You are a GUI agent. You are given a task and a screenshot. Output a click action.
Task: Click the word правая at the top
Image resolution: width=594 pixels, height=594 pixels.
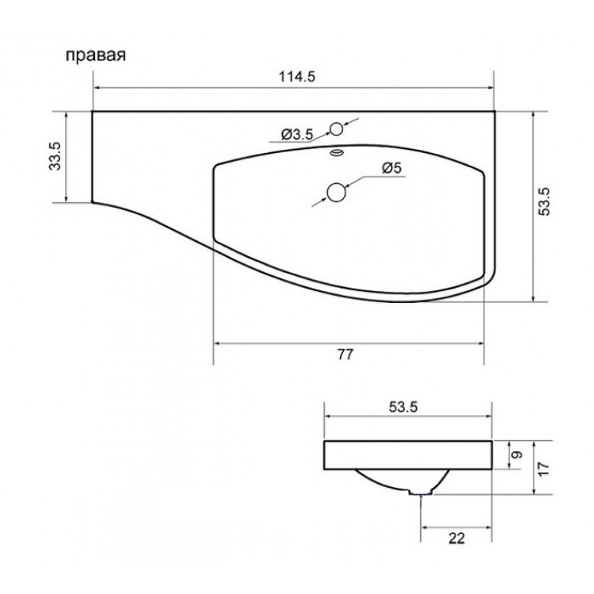coord(96,55)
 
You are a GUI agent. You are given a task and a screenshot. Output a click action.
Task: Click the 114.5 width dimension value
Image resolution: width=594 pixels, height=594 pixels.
coord(297,77)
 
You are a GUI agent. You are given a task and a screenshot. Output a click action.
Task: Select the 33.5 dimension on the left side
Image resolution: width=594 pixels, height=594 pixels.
coord(55,156)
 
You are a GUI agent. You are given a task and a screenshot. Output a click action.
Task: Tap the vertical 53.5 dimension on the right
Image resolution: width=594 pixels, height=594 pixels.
coord(544,201)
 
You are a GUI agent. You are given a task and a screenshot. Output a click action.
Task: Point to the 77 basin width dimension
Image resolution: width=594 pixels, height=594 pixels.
coord(345,354)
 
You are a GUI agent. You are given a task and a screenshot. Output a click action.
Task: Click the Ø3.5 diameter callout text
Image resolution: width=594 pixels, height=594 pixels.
coord(298,134)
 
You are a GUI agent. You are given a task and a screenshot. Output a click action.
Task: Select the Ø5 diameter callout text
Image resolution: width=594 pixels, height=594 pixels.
coord(392,168)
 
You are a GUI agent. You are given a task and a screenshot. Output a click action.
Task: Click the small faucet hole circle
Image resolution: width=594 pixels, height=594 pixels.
coord(336,129)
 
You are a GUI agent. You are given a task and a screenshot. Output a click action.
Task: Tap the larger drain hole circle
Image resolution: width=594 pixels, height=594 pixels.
coord(336,192)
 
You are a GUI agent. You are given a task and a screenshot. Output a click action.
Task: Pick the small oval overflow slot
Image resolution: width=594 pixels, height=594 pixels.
coord(337,152)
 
